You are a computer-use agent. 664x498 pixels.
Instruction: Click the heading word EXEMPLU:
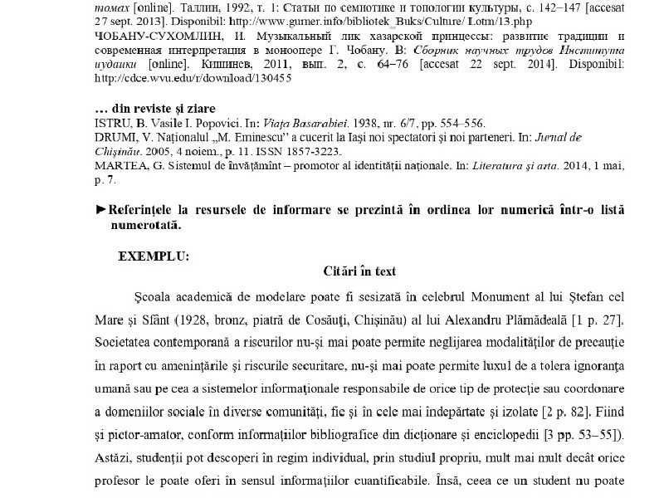click(154, 256)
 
